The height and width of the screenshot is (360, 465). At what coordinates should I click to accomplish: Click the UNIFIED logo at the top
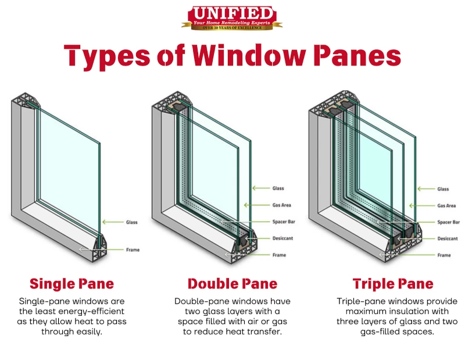click(232, 18)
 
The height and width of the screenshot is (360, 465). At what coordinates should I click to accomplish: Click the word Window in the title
click(249, 55)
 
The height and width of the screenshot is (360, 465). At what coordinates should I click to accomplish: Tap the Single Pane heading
click(71, 284)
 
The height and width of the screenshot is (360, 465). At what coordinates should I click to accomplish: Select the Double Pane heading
click(233, 284)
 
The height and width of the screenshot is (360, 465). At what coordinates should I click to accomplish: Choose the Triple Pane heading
click(393, 284)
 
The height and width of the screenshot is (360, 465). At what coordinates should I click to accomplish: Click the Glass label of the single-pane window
click(132, 222)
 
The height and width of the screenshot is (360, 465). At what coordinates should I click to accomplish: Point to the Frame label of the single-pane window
click(133, 250)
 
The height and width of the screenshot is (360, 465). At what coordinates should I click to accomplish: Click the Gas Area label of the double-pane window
click(282, 205)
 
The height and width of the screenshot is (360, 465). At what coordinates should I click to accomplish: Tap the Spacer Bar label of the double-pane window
click(284, 222)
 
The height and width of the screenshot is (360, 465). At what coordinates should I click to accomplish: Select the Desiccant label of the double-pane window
click(282, 238)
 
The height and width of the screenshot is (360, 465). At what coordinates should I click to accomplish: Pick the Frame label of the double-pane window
click(279, 255)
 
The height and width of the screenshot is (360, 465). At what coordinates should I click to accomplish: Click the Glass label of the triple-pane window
click(443, 189)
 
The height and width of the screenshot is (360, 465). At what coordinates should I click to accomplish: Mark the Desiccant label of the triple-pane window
click(448, 238)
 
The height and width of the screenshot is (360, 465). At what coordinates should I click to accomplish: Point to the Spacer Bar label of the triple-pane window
click(448, 222)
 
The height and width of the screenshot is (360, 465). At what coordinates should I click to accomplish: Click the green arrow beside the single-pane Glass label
click(113, 222)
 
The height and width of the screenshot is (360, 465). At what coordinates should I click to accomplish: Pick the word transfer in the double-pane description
click(266, 332)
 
